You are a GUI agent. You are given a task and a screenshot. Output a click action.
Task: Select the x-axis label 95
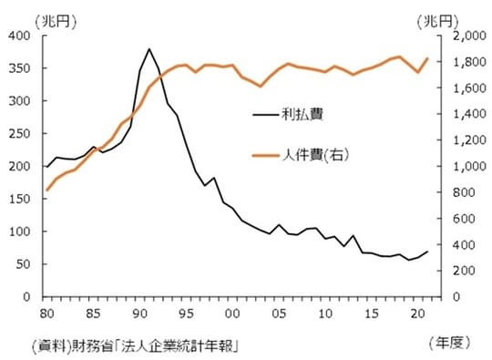point(185,313)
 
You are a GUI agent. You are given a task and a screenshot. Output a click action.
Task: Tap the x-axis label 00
point(231,313)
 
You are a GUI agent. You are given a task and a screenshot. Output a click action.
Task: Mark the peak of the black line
point(149,49)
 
